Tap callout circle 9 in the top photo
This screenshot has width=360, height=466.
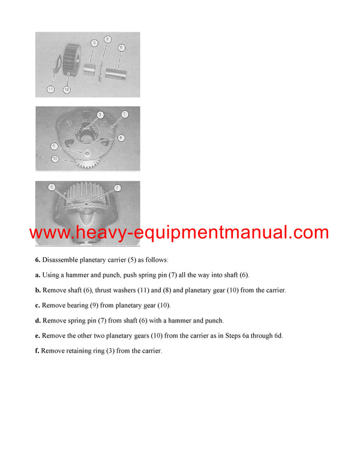(94, 43)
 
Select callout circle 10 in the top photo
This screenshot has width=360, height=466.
(67, 89)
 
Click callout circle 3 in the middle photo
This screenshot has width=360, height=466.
(100, 114)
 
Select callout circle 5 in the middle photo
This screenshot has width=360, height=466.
(124, 113)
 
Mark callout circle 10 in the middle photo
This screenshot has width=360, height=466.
(55, 159)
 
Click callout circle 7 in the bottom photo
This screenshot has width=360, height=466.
(118, 188)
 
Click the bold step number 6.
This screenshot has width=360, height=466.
(37, 259)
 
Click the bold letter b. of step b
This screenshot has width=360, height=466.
(38, 289)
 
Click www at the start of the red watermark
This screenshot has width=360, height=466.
(49, 232)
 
